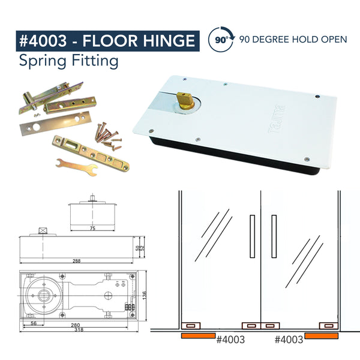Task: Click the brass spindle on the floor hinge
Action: (185, 100)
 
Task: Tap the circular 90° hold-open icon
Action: (221, 39)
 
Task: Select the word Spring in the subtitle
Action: (43, 61)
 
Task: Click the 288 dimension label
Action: (76, 261)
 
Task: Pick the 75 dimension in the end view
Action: (92, 228)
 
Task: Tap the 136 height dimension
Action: (144, 296)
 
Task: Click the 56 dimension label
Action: (34, 323)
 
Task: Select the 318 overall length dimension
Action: (79, 330)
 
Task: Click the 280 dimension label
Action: (76, 325)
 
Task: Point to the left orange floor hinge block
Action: (199, 335)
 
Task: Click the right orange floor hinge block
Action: (322, 335)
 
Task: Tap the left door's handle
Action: (253, 236)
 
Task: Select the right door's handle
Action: (274, 236)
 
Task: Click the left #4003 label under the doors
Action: (230, 340)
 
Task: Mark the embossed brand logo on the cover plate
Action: (277, 119)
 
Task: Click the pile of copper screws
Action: (108, 137)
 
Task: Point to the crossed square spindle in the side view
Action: (43, 230)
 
